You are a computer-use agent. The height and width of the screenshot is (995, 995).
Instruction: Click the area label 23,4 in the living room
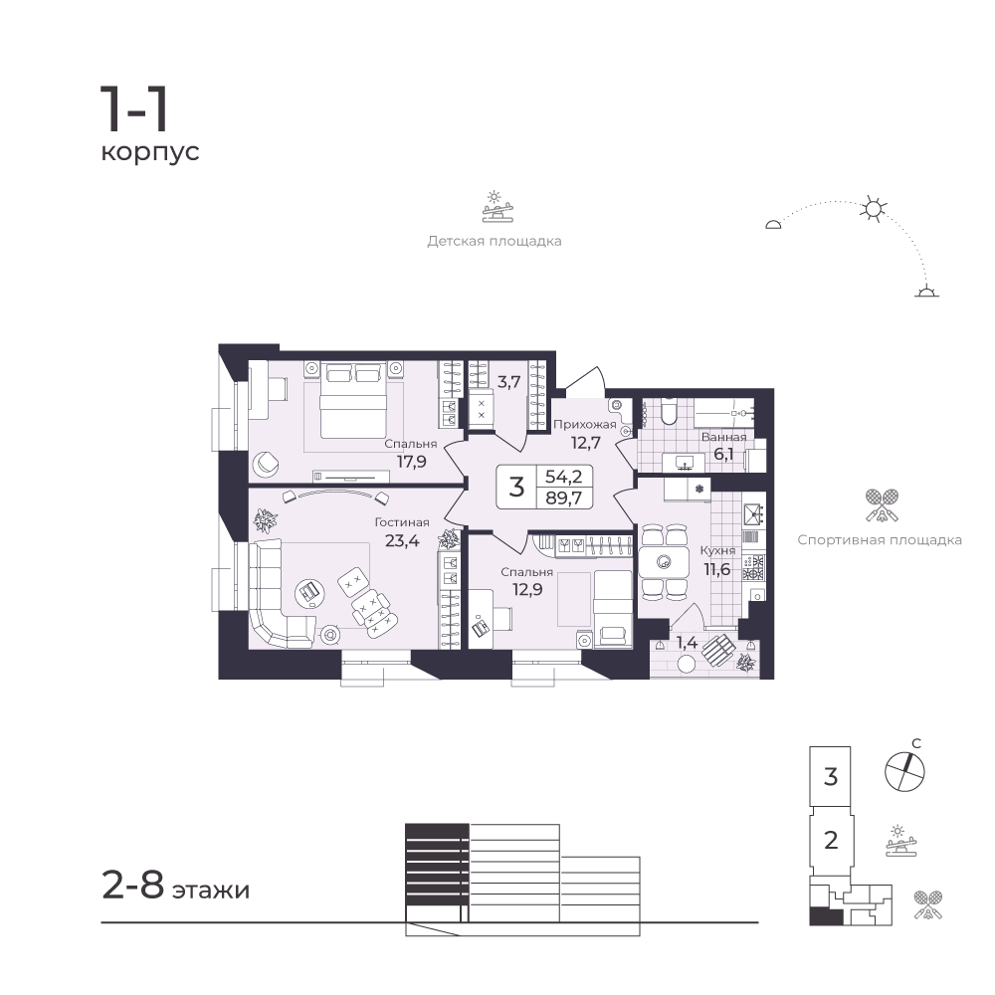coord(402,541)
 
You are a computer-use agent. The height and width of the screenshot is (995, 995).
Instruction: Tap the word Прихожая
coord(584,425)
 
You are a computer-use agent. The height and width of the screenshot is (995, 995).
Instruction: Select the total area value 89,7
coord(563,497)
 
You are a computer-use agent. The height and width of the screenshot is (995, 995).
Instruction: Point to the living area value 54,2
coord(563,476)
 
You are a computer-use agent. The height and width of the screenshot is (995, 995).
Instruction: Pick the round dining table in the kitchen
coord(664,561)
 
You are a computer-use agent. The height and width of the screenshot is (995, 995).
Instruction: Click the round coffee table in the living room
coord(311,593)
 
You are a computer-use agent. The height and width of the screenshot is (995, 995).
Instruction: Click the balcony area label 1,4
coord(687,643)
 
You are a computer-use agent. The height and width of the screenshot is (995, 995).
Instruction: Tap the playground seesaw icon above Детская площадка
coord(497,206)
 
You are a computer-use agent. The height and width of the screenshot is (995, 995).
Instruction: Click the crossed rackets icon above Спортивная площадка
coord(882,505)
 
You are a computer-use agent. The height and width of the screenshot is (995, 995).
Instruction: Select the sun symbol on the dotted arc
coord(874,209)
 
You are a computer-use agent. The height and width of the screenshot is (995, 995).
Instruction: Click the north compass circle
coord(904,772)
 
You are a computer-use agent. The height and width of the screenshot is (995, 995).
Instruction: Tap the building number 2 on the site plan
coord(831,840)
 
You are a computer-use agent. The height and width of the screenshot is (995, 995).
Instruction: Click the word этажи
coord(211,891)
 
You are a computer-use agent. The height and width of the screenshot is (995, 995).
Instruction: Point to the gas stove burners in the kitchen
coord(754,568)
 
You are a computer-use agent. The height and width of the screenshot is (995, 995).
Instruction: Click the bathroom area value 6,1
coord(723,454)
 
